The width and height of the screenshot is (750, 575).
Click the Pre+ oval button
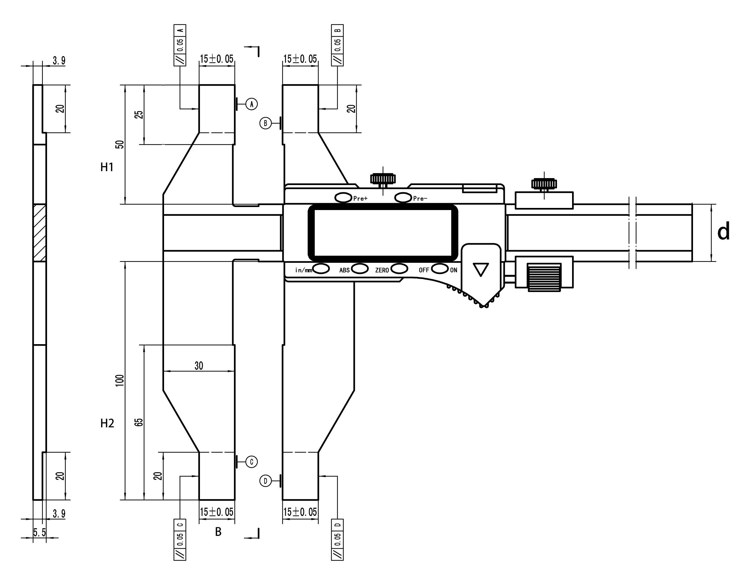pyautogui.click(x=343, y=197)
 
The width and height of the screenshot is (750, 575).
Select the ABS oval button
pyautogui.click(x=359, y=269)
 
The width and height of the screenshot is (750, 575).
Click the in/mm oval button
pyautogui.click(x=321, y=269)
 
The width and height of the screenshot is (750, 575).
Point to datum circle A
pyautogui.click(x=252, y=104)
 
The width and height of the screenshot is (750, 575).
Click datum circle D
pyautogui.click(x=265, y=481)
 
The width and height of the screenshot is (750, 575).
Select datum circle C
pyautogui.click(x=252, y=462)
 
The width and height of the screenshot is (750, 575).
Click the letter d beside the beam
pyautogui.click(x=723, y=232)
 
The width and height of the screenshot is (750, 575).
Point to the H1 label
pyautogui.click(x=107, y=167)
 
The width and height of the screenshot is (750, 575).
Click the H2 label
pyautogui.click(x=107, y=423)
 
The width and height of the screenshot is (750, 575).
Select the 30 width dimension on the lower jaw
pyautogui.click(x=199, y=366)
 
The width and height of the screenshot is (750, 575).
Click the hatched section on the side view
pyautogui.click(x=40, y=233)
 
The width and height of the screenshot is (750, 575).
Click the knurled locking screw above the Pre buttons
pyautogui.click(x=383, y=179)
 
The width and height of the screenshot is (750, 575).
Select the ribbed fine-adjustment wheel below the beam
pyautogui.click(x=544, y=277)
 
